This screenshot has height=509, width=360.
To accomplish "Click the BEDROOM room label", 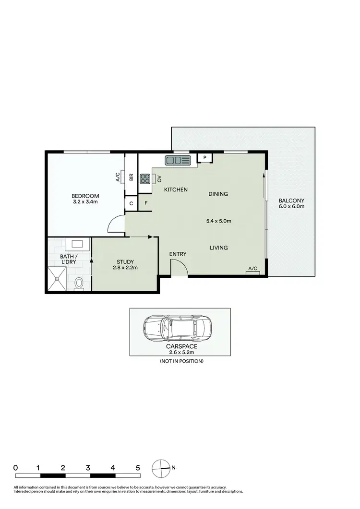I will point(85,196).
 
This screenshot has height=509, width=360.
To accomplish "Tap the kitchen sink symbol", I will point(178,159).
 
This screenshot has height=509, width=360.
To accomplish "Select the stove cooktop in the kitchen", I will point(145,178).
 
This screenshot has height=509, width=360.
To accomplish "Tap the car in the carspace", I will point(178,328).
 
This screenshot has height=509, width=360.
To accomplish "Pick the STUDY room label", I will point(124,261).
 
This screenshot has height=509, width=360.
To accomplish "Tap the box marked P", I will point(204,157).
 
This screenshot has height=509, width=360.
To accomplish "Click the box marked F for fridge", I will point(145,203).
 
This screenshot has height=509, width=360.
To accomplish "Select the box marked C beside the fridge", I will point(131,203).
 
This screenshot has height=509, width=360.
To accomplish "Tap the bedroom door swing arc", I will point(114,223).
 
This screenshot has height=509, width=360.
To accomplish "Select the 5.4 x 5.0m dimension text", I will point(218,221).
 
